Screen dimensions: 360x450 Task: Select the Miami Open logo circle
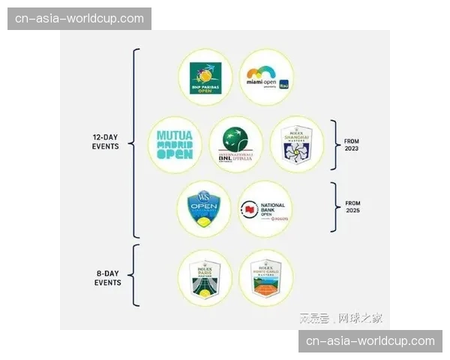(266, 77)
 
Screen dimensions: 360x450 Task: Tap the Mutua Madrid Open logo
(175, 145)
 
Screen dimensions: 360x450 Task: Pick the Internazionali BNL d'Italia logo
(236, 145)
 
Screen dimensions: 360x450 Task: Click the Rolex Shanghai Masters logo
(297, 143)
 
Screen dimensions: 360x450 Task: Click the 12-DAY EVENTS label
(105, 142)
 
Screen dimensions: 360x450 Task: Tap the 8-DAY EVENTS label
(107, 277)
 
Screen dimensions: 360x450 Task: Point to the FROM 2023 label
(352, 145)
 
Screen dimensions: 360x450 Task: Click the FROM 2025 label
(352, 206)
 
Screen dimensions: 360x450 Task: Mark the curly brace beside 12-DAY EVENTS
(135, 142)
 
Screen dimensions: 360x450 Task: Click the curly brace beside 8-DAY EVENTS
(135, 275)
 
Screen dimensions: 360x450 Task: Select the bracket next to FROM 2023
(334, 144)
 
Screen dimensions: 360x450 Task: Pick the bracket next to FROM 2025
(334, 206)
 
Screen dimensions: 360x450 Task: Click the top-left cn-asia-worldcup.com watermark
(81, 18)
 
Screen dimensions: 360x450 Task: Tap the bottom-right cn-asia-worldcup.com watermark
(369, 341)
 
